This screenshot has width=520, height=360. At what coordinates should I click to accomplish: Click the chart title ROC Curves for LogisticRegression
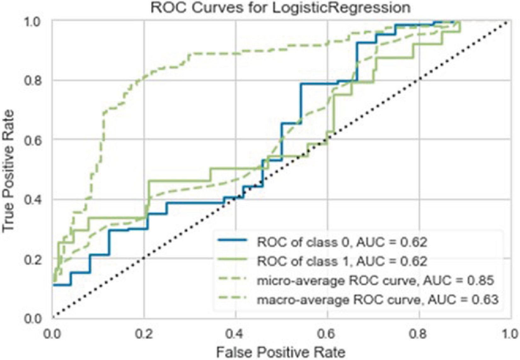(x=280, y=8)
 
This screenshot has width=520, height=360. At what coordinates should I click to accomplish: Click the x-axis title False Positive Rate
(x=280, y=351)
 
